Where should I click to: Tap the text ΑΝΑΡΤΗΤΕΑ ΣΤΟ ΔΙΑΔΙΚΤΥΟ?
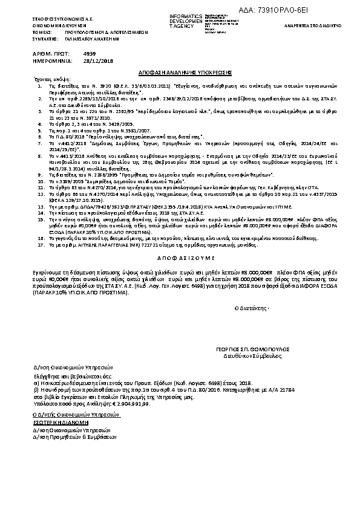pos(324,27)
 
